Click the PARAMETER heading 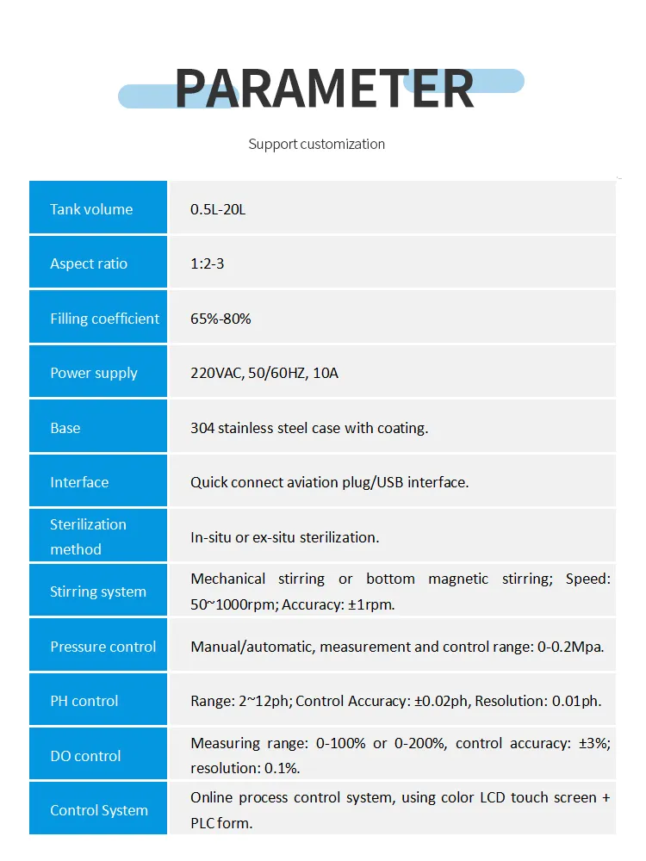tap(324, 88)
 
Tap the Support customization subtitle tap(316, 144)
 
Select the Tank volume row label tap(91, 209)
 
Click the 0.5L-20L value tap(218, 209)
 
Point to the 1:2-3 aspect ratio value tap(207, 263)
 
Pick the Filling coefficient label tap(104, 319)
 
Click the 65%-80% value tap(221, 319)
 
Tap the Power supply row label tap(93, 373)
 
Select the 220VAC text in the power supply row tap(216, 373)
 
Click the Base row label tap(65, 428)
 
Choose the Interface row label tap(79, 482)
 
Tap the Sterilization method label tap(87, 536)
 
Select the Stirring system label tap(97, 592)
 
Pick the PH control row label tap(84, 701)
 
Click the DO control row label tap(85, 756)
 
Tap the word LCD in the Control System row tap(492, 798)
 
